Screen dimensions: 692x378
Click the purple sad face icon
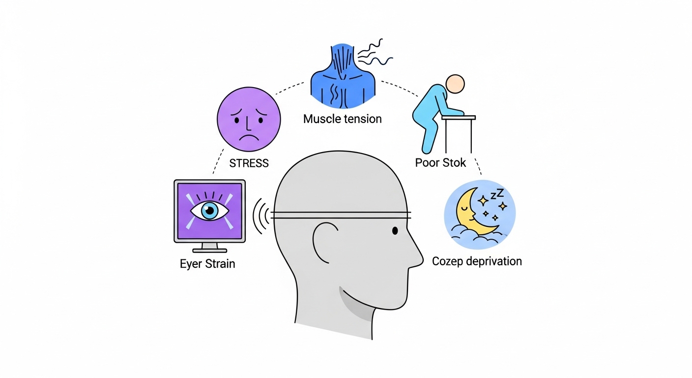pyautogui.click(x=249, y=120)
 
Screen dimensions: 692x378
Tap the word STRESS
pyautogui.click(x=249, y=163)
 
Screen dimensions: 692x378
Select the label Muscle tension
pyautogui.click(x=342, y=119)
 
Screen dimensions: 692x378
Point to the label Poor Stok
pyautogui.click(x=440, y=163)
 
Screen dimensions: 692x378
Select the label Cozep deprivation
pyautogui.click(x=477, y=261)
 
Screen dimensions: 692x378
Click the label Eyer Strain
pyautogui.click(x=207, y=264)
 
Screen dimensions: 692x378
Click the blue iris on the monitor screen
pyautogui.click(x=210, y=211)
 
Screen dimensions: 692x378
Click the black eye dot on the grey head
pyautogui.click(x=395, y=230)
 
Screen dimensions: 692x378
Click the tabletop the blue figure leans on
pyautogui.click(x=458, y=118)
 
